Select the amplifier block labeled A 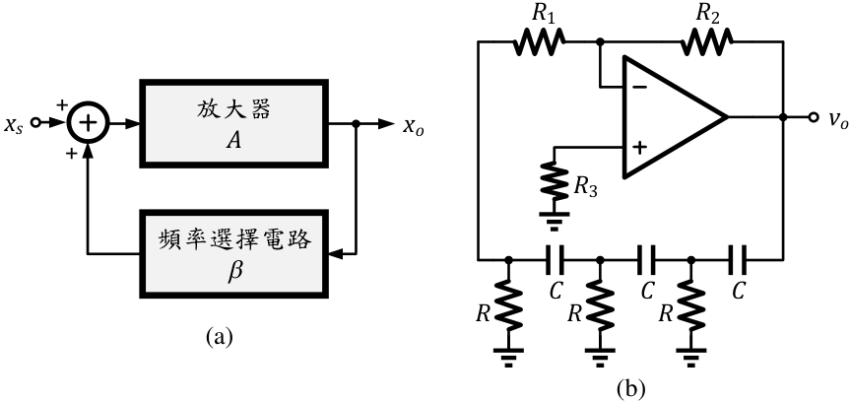[x=233, y=123]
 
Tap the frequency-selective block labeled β [x=233, y=253]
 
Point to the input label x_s [x=14, y=124]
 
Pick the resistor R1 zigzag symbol [x=539, y=41]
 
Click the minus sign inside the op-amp [x=640, y=87]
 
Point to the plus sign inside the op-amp [x=640, y=147]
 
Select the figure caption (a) [x=220, y=337]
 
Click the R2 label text [x=707, y=15]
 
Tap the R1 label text [x=543, y=15]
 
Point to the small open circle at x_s [x=35, y=123]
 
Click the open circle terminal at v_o [x=813, y=117]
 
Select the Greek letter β [x=233, y=269]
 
